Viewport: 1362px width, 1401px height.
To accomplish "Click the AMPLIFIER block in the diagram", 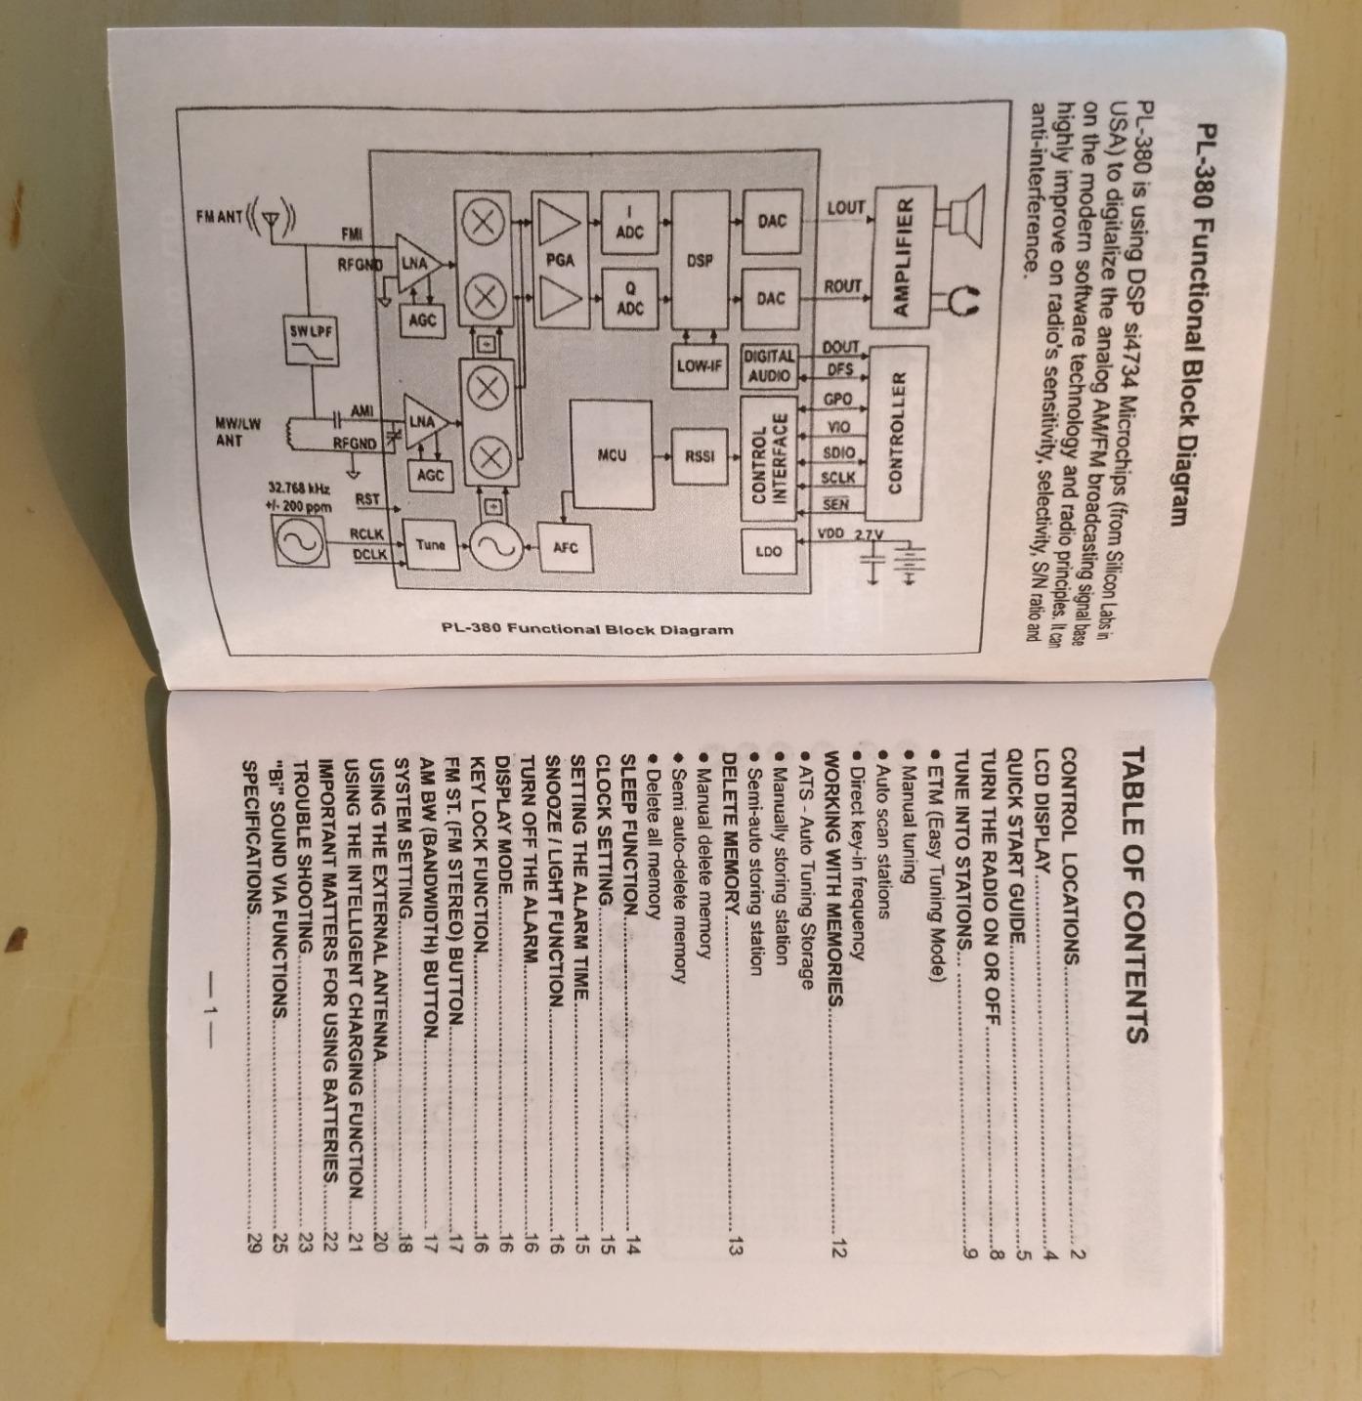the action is [x=904, y=257].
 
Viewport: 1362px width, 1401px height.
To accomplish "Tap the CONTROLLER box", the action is [x=896, y=433].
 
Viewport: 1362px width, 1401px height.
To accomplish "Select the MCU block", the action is [x=612, y=455].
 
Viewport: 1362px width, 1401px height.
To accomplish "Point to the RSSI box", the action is [x=699, y=455].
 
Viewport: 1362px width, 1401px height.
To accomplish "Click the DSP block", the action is [x=700, y=260].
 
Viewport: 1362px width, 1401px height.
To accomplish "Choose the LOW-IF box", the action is [x=699, y=365].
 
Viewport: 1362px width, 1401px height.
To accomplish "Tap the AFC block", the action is [x=566, y=548].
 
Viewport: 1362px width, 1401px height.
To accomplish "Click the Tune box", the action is [x=431, y=545].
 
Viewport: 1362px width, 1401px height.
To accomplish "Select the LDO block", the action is [x=769, y=551].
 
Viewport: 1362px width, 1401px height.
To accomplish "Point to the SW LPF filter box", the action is [x=311, y=341].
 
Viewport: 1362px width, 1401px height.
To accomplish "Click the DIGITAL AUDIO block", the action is [x=770, y=365].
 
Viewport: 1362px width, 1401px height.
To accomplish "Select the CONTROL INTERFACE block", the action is [x=769, y=458].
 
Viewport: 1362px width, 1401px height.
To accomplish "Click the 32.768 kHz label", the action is [x=300, y=488].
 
